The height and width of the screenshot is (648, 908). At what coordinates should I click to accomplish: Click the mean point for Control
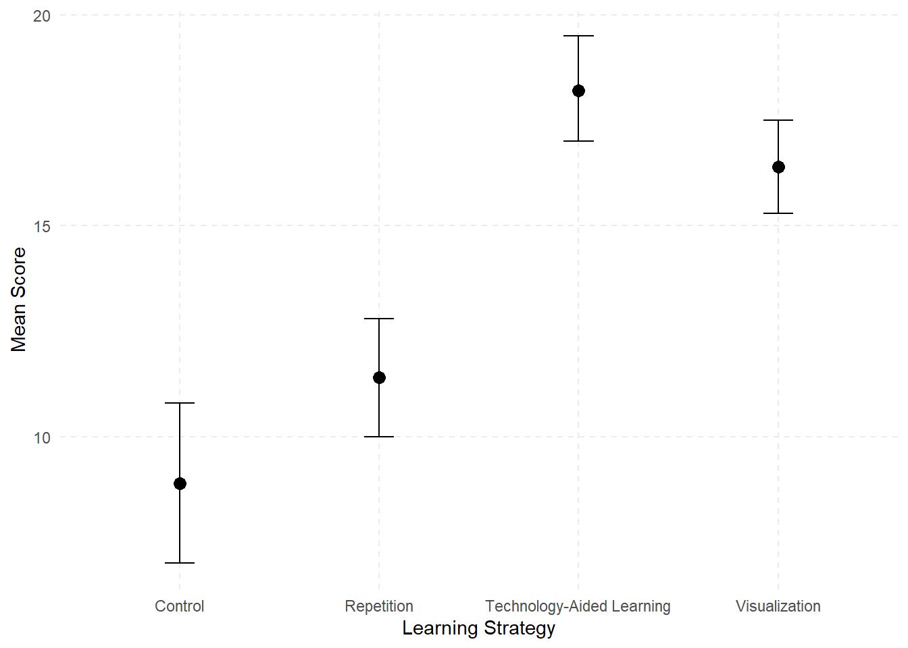pyautogui.click(x=180, y=483)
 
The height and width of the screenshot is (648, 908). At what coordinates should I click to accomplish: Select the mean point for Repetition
pyautogui.click(x=379, y=377)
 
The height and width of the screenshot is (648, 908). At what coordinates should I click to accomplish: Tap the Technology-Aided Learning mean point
pyautogui.click(x=578, y=90)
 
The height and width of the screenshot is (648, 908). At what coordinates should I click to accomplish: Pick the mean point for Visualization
pyautogui.click(x=778, y=167)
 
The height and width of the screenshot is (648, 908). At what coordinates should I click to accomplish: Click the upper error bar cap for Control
pyautogui.click(x=180, y=403)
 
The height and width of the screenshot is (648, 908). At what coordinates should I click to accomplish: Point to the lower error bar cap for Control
pyautogui.click(x=180, y=563)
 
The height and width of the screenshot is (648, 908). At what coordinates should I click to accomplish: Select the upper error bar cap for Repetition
pyautogui.click(x=379, y=319)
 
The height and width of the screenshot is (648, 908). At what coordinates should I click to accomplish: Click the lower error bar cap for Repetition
pyautogui.click(x=379, y=437)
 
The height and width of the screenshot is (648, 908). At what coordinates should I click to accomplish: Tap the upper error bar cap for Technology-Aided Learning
pyautogui.click(x=578, y=36)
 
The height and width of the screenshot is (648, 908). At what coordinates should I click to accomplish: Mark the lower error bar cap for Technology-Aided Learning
pyautogui.click(x=578, y=141)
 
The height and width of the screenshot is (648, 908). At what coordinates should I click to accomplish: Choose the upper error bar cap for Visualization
pyautogui.click(x=778, y=120)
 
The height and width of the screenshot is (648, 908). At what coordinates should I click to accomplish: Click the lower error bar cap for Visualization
pyautogui.click(x=778, y=213)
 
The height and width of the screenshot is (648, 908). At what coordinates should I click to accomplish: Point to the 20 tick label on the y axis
pyautogui.click(x=42, y=16)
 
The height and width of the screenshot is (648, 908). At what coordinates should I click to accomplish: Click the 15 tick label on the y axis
pyautogui.click(x=42, y=226)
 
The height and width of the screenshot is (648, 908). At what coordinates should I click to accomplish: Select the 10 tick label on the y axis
pyautogui.click(x=42, y=437)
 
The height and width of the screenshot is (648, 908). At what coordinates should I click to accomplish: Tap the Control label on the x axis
pyautogui.click(x=180, y=606)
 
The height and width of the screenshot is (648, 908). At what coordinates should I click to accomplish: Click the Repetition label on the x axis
pyautogui.click(x=379, y=606)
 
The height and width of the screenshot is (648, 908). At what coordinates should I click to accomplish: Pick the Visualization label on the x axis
pyautogui.click(x=778, y=606)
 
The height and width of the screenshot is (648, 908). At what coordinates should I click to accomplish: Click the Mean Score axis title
pyautogui.click(x=18, y=299)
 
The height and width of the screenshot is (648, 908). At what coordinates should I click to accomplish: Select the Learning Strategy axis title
pyautogui.click(x=478, y=628)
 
